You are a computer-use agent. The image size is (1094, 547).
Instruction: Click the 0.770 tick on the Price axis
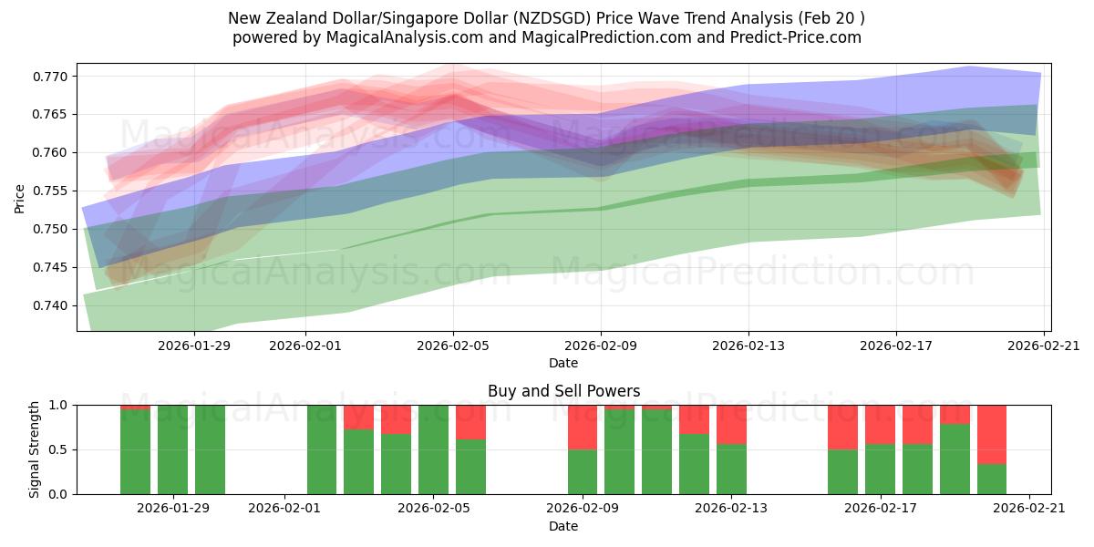(x=51, y=76)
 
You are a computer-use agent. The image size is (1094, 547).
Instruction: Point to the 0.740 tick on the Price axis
(x=51, y=305)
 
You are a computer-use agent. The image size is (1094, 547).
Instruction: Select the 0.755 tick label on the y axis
(x=51, y=191)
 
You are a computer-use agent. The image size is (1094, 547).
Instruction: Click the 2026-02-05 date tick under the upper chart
(x=453, y=346)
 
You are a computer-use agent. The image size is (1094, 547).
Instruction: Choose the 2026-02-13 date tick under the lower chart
(x=731, y=508)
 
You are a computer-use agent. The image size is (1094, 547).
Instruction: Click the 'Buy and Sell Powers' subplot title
(x=563, y=391)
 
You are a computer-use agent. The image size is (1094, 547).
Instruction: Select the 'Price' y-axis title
(x=20, y=197)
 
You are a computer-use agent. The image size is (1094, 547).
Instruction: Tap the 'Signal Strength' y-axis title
(x=34, y=449)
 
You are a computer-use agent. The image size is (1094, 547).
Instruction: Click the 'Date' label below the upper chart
(x=563, y=363)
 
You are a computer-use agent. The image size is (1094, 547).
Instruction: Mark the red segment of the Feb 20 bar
(x=992, y=434)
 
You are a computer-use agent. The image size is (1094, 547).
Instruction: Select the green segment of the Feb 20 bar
(x=992, y=479)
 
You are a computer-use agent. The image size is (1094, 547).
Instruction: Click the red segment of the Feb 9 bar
(x=583, y=427)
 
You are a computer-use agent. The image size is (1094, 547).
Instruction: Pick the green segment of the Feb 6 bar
(x=470, y=467)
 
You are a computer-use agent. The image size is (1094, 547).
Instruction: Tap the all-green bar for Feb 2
(x=322, y=449)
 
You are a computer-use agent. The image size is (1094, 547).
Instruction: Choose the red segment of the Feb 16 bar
(x=842, y=427)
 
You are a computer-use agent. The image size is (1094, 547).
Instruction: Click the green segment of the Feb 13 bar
(x=731, y=469)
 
